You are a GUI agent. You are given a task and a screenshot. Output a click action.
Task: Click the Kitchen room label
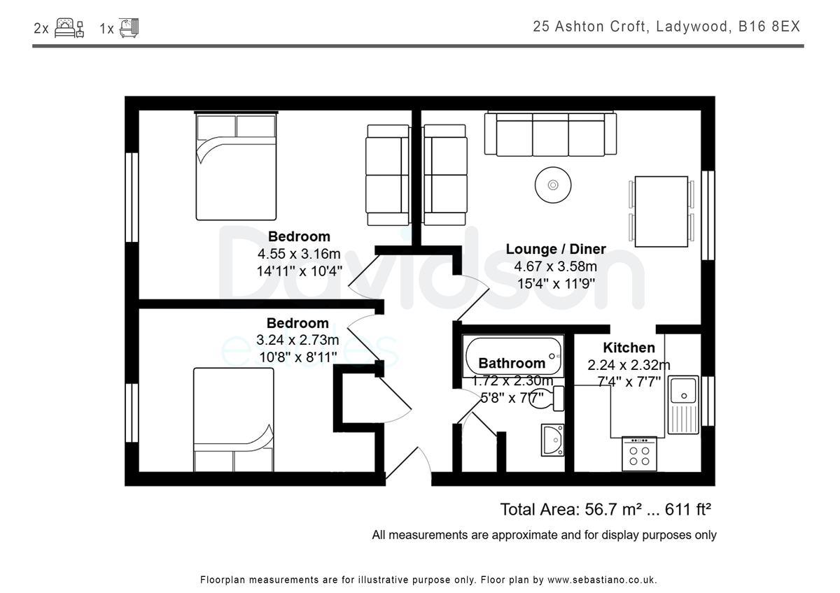pyautogui.click(x=629, y=348)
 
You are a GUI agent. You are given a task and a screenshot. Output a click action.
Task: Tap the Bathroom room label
pyautogui.click(x=512, y=364)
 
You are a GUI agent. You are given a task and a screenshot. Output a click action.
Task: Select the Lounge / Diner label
pyautogui.click(x=556, y=249)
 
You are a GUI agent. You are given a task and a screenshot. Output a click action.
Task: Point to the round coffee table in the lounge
pyautogui.click(x=553, y=185)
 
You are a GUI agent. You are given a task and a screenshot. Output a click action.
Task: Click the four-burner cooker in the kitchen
pyautogui.click(x=639, y=454)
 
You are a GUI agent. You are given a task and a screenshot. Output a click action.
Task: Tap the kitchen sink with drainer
pyautogui.click(x=683, y=405)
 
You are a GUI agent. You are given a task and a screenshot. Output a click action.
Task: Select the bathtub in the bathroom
pyautogui.click(x=513, y=356)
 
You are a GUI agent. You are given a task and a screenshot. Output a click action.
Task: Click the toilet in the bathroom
pyautogui.click(x=547, y=399)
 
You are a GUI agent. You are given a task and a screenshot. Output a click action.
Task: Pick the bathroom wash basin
pyautogui.click(x=552, y=440)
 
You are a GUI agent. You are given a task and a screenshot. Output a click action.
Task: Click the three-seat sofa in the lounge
pyautogui.click(x=550, y=134)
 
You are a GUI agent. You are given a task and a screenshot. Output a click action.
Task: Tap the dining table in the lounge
pyautogui.click(x=661, y=212)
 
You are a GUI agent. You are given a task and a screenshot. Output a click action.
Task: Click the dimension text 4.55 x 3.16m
pyautogui.click(x=299, y=254)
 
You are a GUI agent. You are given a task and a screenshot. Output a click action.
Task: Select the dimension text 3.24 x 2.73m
pyautogui.click(x=297, y=340)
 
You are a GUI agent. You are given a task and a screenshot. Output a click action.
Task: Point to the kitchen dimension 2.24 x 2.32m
pyautogui.click(x=629, y=365)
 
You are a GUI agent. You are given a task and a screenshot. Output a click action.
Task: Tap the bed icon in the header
pyautogui.click(x=69, y=28)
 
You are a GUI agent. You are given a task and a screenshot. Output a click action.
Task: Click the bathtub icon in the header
pyautogui.click(x=129, y=28)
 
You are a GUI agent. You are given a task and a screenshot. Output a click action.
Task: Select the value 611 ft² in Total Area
pyautogui.click(x=688, y=510)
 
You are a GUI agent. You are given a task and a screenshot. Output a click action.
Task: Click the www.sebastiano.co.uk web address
pyautogui.click(x=602, y=580)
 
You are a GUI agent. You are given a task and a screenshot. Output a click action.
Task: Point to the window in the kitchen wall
pyautogui.click(x=708, y=401)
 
